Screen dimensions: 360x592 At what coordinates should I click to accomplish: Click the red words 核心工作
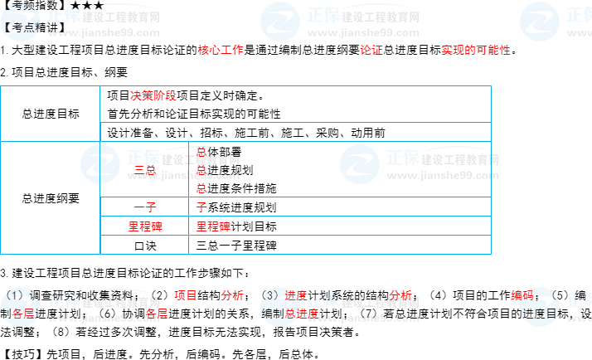pos(221,50)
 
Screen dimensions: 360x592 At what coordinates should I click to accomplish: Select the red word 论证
pos(371,50)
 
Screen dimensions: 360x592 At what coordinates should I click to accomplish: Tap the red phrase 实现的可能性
pos(475,50)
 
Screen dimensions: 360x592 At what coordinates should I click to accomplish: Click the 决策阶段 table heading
pos(153,95)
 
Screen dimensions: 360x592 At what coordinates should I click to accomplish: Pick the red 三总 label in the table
pos(145,170)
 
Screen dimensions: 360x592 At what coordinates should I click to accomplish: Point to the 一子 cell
pos(144,207)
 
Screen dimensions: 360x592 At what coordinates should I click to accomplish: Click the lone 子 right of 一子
pos(201,207)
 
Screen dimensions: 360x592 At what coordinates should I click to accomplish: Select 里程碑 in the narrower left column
pos(144,226)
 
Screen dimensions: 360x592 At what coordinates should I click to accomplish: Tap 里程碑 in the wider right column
pos(213,226)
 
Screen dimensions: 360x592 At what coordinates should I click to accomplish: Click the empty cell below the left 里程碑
pos(144,245)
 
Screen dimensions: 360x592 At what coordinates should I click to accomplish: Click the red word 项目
pos(186,295)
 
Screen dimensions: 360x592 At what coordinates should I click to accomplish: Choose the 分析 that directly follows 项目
pos(232,295)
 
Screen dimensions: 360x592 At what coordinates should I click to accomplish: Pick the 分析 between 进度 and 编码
pos(400,295)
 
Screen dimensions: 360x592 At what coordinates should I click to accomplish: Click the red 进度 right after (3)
pos(295,295)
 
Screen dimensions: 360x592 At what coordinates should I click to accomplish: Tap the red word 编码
pos(523,295)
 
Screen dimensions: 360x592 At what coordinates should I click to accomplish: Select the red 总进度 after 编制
pos(301,314)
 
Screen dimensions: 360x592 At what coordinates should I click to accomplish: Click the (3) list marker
pos(270,295)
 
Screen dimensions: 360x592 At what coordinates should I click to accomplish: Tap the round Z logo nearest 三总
pos(100,163)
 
